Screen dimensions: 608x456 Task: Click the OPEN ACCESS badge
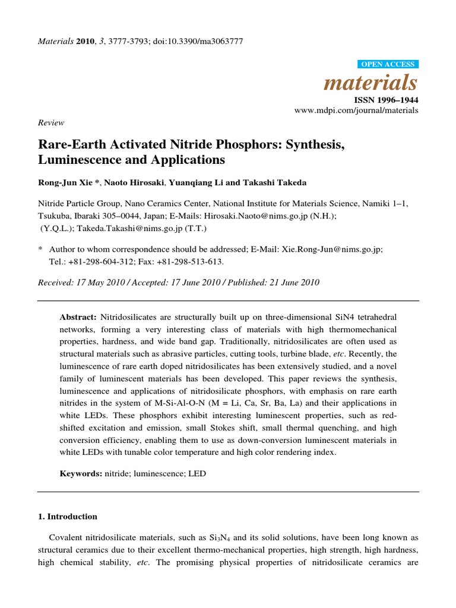389,64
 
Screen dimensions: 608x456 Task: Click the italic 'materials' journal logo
370,82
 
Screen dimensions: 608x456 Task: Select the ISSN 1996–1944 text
387,100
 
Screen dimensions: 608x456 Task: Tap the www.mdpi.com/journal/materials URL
356,110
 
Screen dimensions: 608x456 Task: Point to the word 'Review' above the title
51,122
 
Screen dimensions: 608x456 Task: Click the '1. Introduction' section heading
67,517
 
